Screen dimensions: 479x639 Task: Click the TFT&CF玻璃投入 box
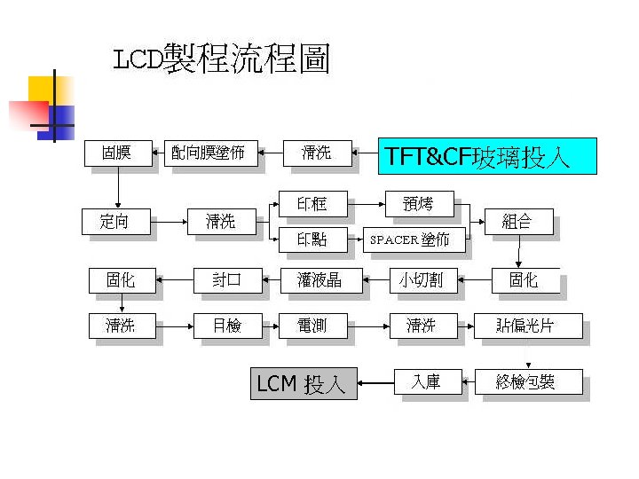coord(487,157)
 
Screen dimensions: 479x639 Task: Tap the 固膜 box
coord(116,153)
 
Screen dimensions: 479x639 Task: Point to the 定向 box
coord(115,221)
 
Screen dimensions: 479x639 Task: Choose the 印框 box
coord(312,204)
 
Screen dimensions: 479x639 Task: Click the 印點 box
coord(312,239)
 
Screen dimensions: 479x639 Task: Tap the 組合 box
coord(517,221)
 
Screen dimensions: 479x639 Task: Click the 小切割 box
coord(421,280)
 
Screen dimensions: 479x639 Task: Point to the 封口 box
coord(228,280)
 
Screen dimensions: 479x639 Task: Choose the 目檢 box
coord(227,326)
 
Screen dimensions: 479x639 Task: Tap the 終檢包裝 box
coord(528,382)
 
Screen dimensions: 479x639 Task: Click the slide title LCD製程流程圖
coord(222,60)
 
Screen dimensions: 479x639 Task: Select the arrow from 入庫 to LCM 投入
coord(375,383)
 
